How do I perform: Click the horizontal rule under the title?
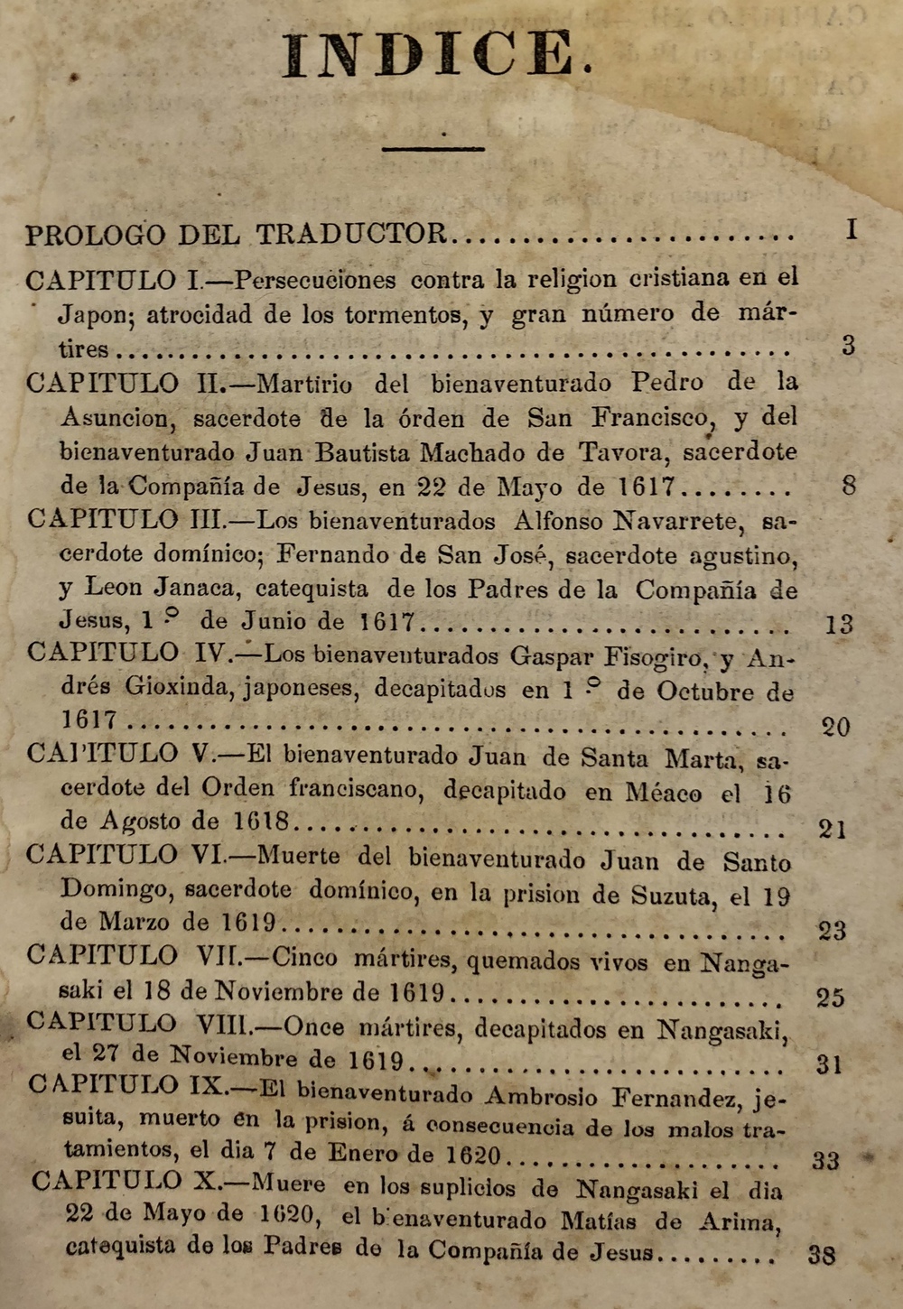tap(433, 149)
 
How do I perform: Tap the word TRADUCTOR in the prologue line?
tap(351, 235)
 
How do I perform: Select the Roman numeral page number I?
tap(851, 230)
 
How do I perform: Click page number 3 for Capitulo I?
tap(848, 346)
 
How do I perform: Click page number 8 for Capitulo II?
tap(849, 487)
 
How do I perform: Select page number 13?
tap(839, 624)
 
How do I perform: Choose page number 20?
tap(835, 727)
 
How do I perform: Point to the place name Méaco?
tap(663, 794)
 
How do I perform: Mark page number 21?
tap(833, 828)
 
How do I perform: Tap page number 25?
tap(831, 998)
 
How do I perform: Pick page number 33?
tap(825, 1160)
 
